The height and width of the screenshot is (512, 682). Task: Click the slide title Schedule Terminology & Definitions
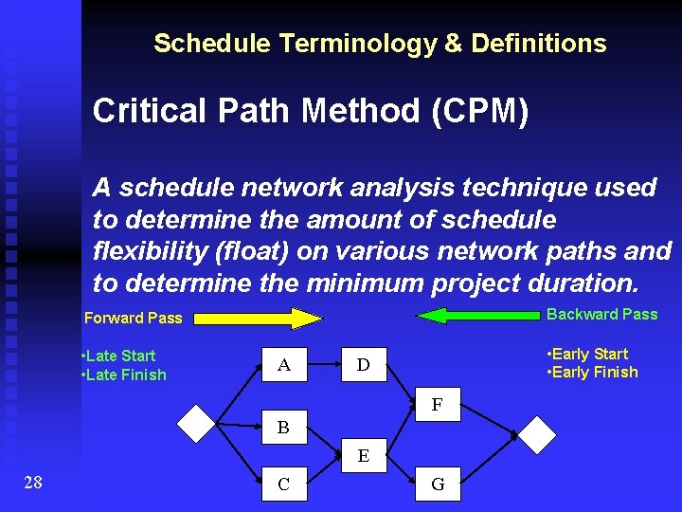click(380, 44)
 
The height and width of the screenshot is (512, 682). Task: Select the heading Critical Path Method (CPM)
click(311, 111)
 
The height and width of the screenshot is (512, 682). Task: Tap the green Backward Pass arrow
click(478, 315)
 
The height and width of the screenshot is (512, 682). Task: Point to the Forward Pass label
click(133, 319)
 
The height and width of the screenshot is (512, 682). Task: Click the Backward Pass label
click(602, 314)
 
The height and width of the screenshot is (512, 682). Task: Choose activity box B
click(283, 427)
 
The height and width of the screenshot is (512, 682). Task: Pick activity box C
click(284, 485)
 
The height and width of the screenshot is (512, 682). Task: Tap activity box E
click(364, 456)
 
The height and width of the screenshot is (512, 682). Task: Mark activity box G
click(437, 485)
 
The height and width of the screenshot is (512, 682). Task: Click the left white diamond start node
click(197, 424)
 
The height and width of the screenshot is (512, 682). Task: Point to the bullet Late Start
click(119, 356)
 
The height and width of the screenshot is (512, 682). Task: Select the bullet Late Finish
click(124, 375)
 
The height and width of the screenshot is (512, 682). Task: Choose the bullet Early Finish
click(592, 372)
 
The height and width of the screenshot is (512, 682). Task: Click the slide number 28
click(32, 484)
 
